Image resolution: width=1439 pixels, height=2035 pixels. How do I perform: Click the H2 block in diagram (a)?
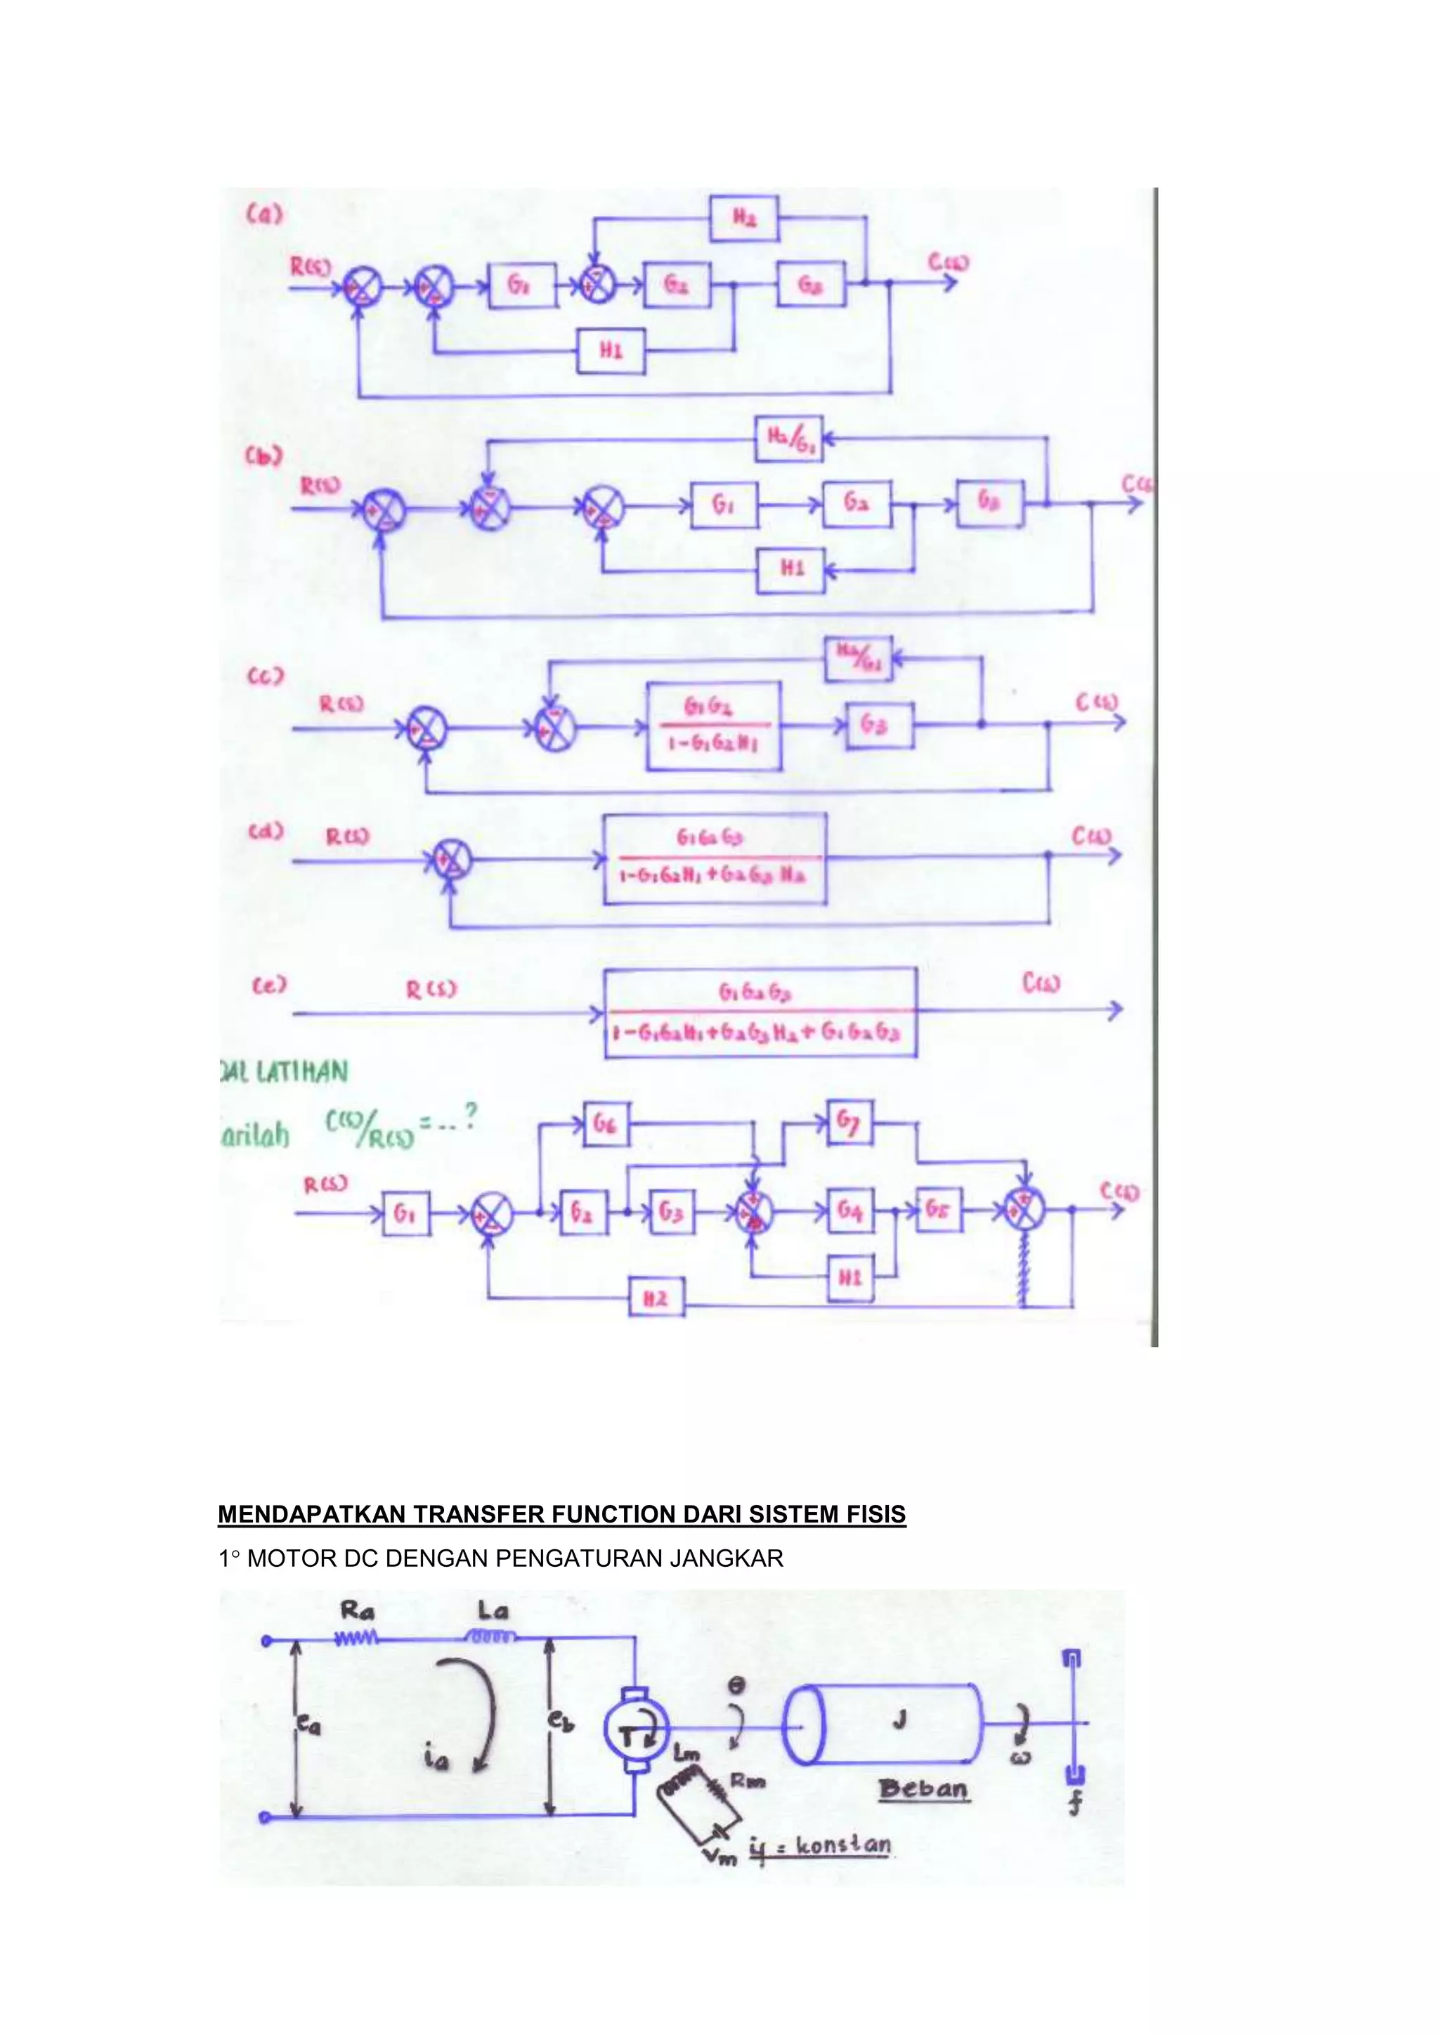743,218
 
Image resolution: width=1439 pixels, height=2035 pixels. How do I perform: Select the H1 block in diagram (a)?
611,350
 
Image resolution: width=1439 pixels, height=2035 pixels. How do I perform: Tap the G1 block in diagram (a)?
522,285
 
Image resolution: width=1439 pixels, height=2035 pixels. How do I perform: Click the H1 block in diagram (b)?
790,569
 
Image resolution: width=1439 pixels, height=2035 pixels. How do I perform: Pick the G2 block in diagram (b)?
856,504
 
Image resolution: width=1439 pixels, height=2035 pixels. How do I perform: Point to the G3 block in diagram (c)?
879,725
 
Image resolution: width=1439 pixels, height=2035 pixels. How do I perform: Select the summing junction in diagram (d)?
451,860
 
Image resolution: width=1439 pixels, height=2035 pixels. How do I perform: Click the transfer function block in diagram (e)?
760,1012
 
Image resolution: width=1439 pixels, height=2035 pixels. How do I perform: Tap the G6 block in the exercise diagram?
605,1124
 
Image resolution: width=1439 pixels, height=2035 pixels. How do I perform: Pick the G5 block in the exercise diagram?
938,1209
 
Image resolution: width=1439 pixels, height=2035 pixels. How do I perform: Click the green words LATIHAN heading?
301,1073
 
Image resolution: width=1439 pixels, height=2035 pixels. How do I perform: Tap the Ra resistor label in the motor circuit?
358,1610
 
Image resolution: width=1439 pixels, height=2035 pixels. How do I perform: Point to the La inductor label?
492,1610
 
